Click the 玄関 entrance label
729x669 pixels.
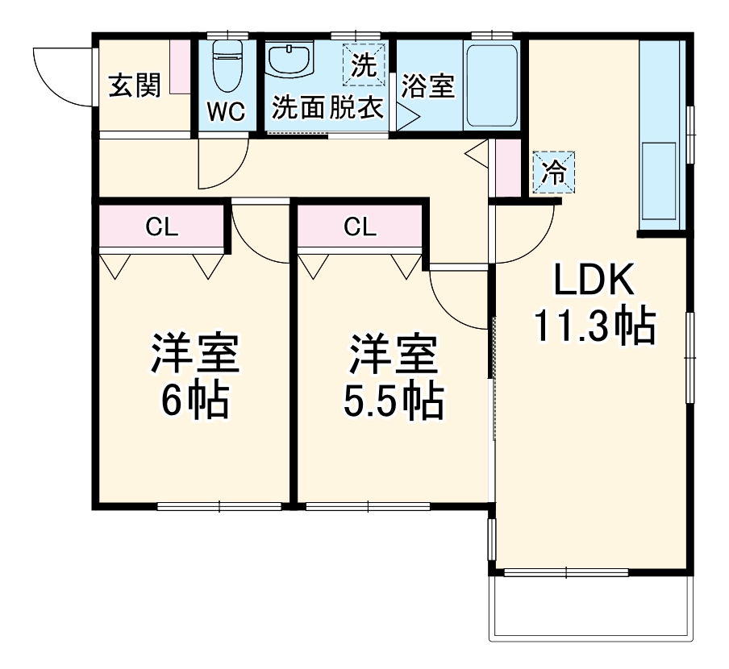(135, 85)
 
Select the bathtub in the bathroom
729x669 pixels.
(491, 85)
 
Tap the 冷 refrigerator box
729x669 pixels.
(554, 172)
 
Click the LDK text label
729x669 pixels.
(593, 281)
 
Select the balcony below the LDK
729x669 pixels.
(591, 609)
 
